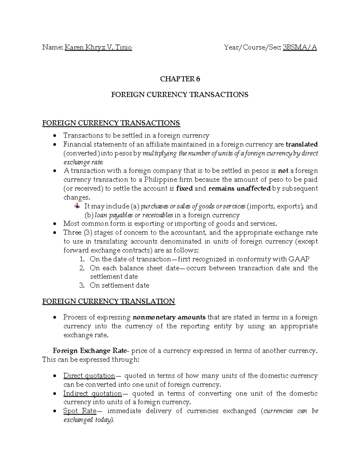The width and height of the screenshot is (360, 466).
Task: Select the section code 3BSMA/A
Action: [x=300, y=47]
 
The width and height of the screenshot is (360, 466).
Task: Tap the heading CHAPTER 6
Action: [x=180, y=79]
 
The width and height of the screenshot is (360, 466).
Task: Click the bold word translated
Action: [x=301, y=144]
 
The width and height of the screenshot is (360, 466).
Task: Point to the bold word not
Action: [x=283, y=171]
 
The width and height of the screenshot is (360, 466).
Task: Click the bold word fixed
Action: [x=184, y=188]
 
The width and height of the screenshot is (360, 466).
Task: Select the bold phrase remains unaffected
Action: [x=239, y=188]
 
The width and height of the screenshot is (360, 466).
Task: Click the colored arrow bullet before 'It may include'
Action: [x=77, y=206]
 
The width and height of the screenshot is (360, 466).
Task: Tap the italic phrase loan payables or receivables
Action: [x=134, y=215]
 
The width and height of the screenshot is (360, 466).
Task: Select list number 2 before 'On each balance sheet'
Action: [x=82, y=268]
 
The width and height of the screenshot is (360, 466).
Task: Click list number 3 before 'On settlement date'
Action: [x=82, y=285]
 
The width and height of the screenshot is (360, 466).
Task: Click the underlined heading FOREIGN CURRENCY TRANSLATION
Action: [x=109, y=301]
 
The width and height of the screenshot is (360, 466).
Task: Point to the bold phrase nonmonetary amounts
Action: [x=169, y=317]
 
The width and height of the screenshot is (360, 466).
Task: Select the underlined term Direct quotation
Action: [x=89, y=376]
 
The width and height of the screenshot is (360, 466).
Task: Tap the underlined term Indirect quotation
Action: [x=92, y=393]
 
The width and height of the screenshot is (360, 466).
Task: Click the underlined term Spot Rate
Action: [x=80, y=411]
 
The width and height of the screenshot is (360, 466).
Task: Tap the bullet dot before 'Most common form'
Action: [x=54, y=224]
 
